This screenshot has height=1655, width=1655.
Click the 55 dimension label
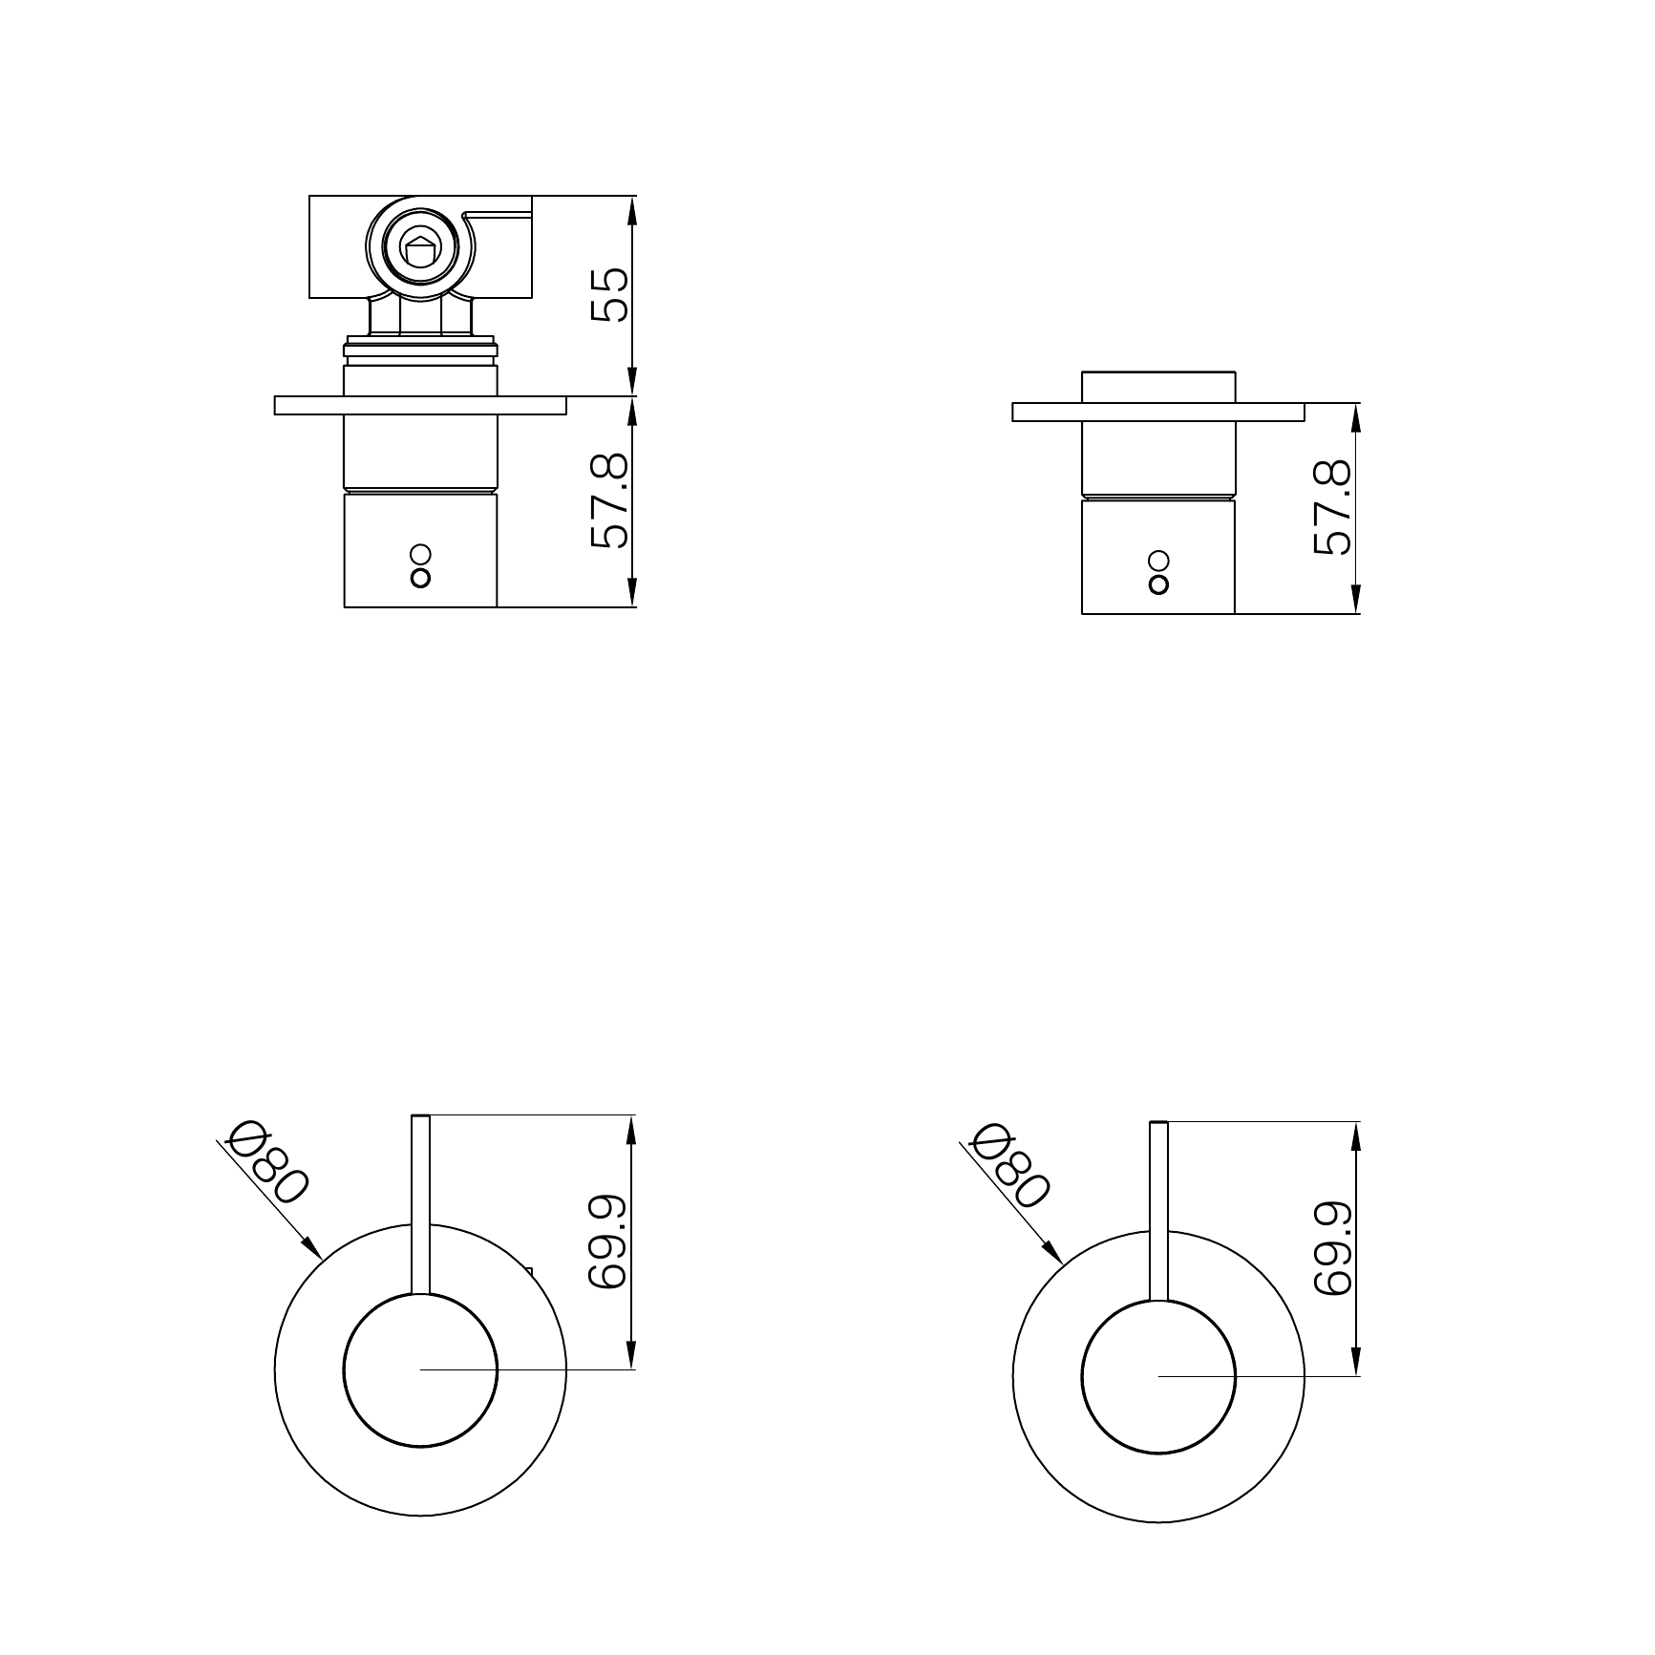tap(610, 295)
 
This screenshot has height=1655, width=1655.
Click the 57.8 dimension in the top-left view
tap(610, 500)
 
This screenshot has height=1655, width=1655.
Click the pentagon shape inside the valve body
tap(420, 251)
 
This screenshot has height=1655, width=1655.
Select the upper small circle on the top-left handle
tap(420, 555)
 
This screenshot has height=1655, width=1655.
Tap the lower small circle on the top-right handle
tap(1158, 583)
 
